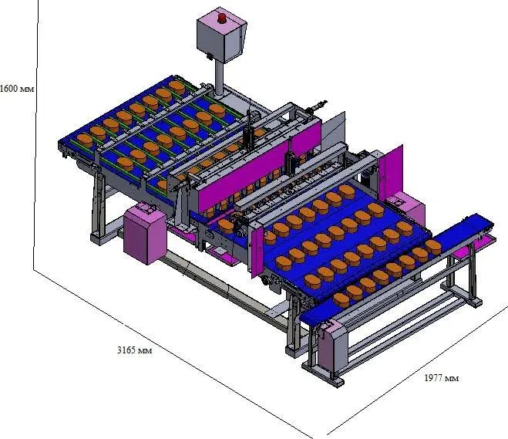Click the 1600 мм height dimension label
pos(17,89)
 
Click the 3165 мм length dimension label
pos(134,350)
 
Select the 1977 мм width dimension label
pos(441,378)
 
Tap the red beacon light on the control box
pos(222,19)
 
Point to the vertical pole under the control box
pos(220,79)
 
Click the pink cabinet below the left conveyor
pos(145,232)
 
